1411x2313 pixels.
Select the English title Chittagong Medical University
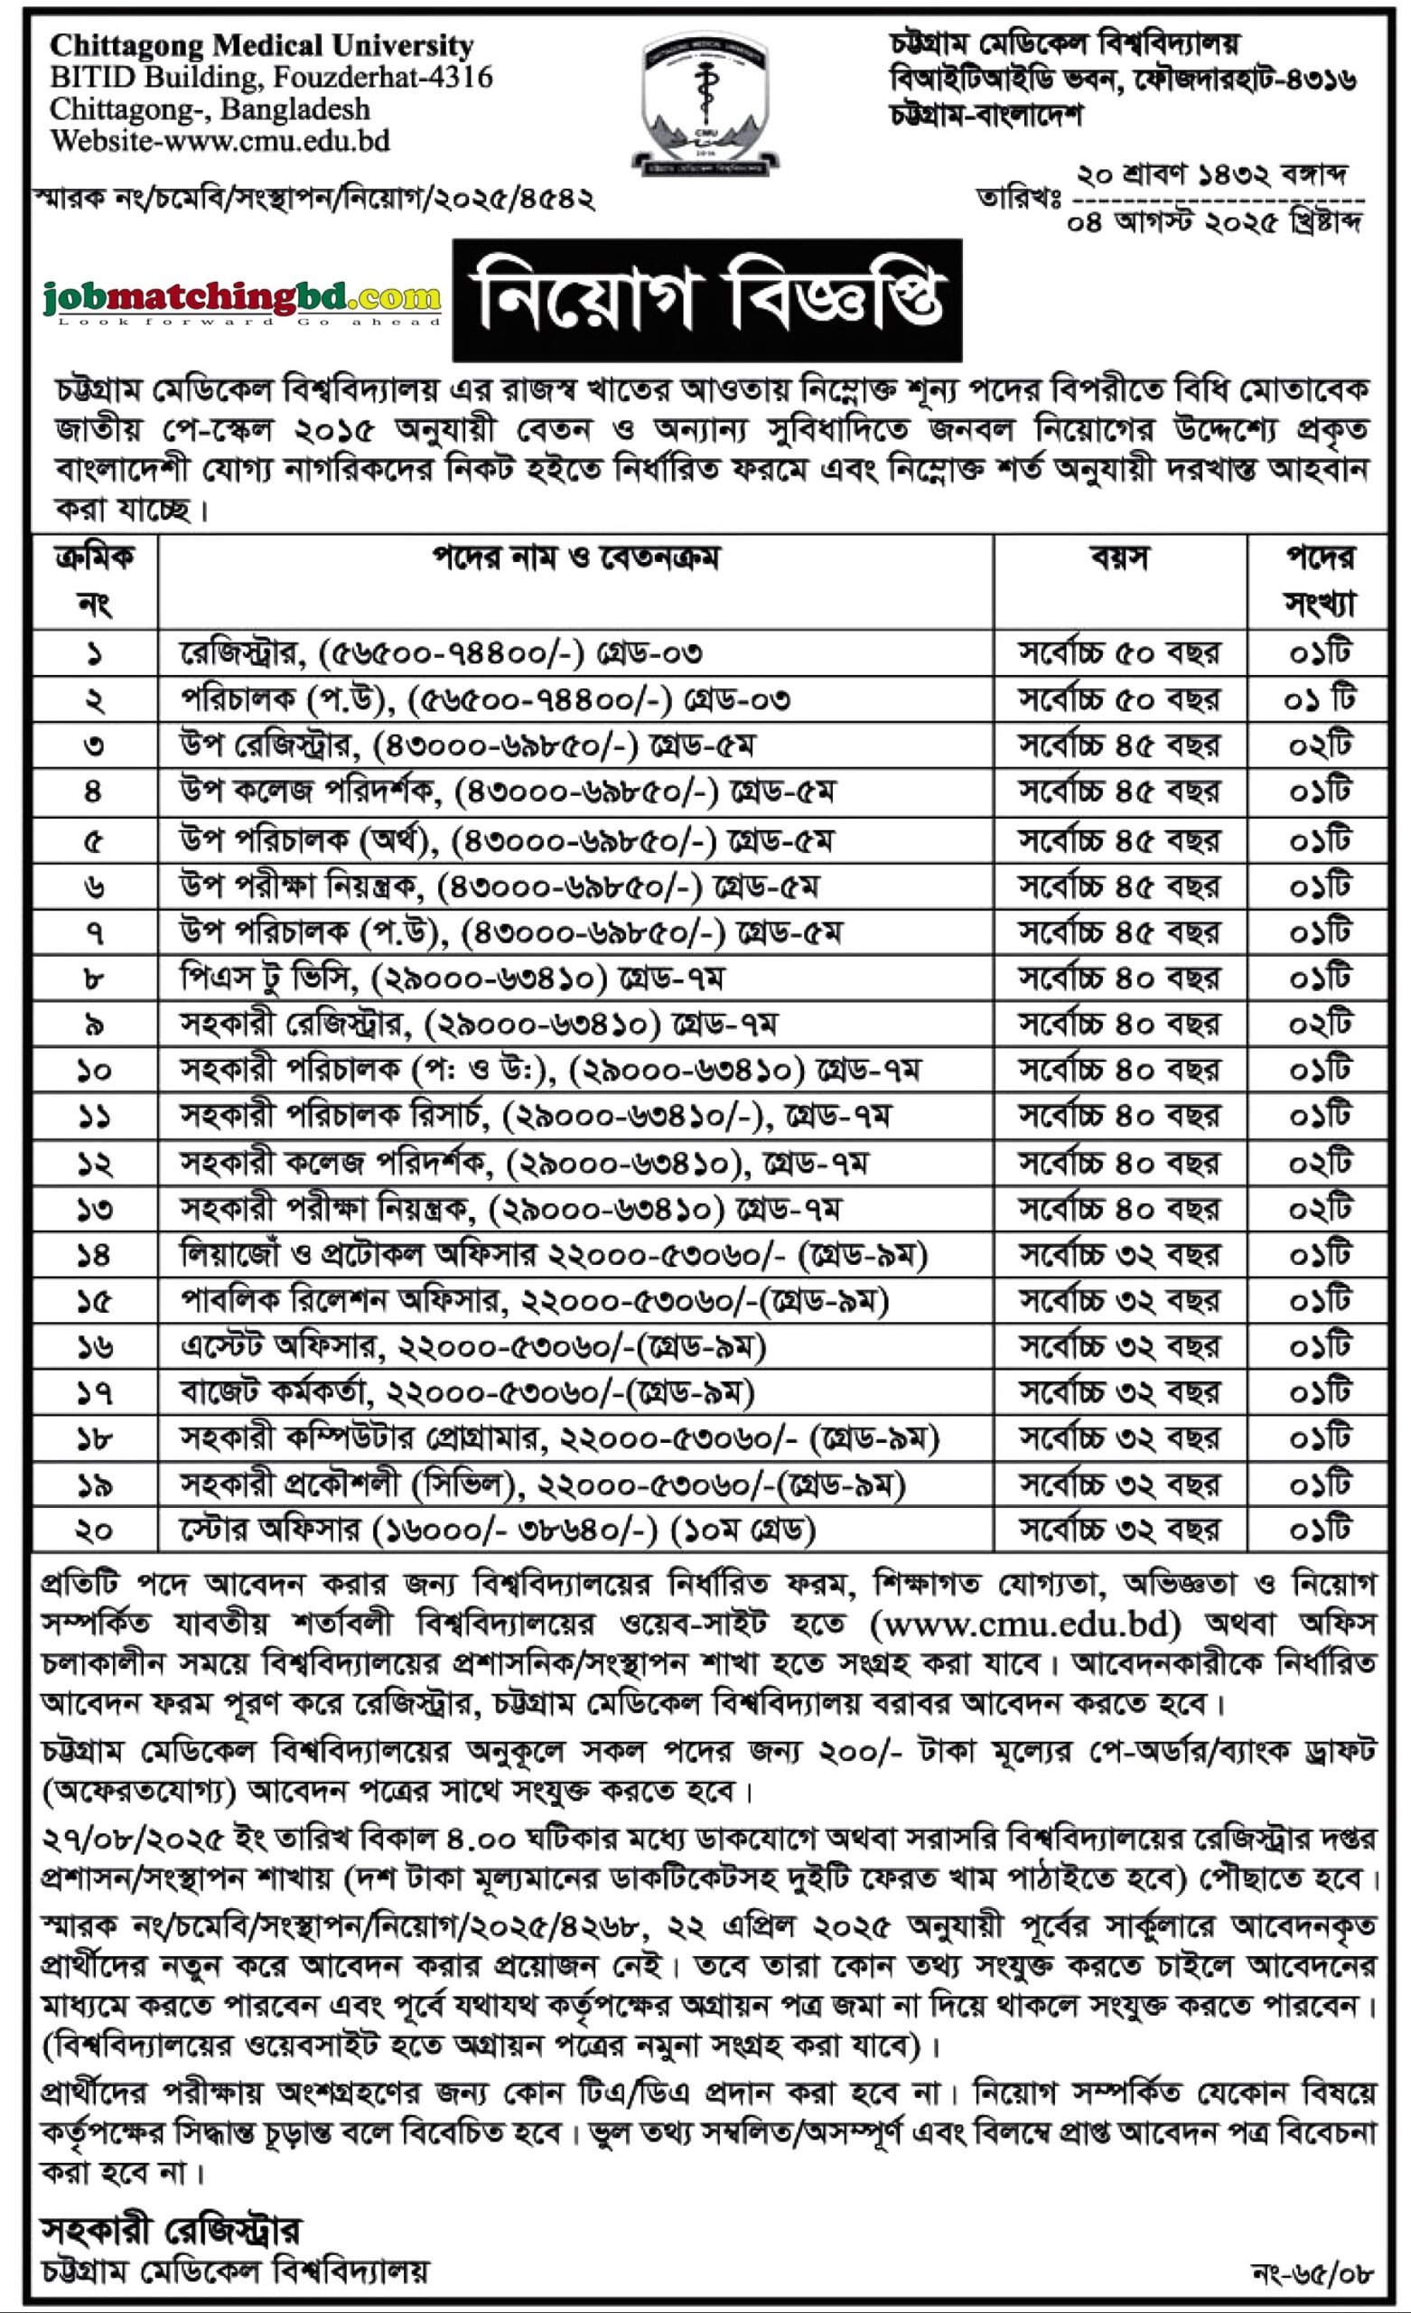pos(262,46)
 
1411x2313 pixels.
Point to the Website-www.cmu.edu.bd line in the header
pos(220,141)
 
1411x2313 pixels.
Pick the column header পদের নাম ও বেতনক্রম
pos(575,559)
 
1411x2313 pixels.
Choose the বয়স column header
pos(1119,559)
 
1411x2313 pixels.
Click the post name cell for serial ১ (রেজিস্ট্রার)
pos(441,653)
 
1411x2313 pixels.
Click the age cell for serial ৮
pos(1119,979)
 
